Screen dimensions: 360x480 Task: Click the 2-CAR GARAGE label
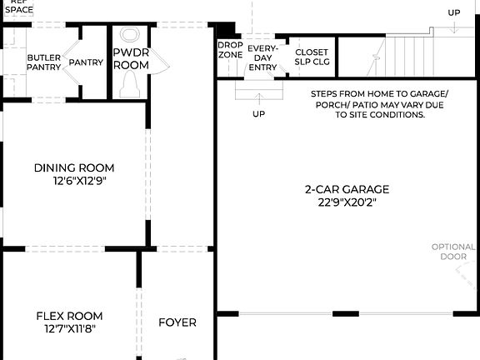(347, 189)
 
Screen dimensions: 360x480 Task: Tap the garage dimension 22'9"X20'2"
(347, 202)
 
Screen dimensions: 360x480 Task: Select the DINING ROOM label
(74, 167)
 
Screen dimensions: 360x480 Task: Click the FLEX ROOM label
(69, 316)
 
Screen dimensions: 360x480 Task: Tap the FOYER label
(177, 322)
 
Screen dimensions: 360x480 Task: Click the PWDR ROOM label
(131, 58)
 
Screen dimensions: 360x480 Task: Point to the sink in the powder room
(130, 35)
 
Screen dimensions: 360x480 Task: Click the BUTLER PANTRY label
(43, 62)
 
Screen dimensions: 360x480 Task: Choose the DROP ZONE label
(230, 49)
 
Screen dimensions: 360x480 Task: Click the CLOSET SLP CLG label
(312, 56)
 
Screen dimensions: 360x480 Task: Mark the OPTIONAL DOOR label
(453, 252)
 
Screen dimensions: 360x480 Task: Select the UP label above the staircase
(453, 12)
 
